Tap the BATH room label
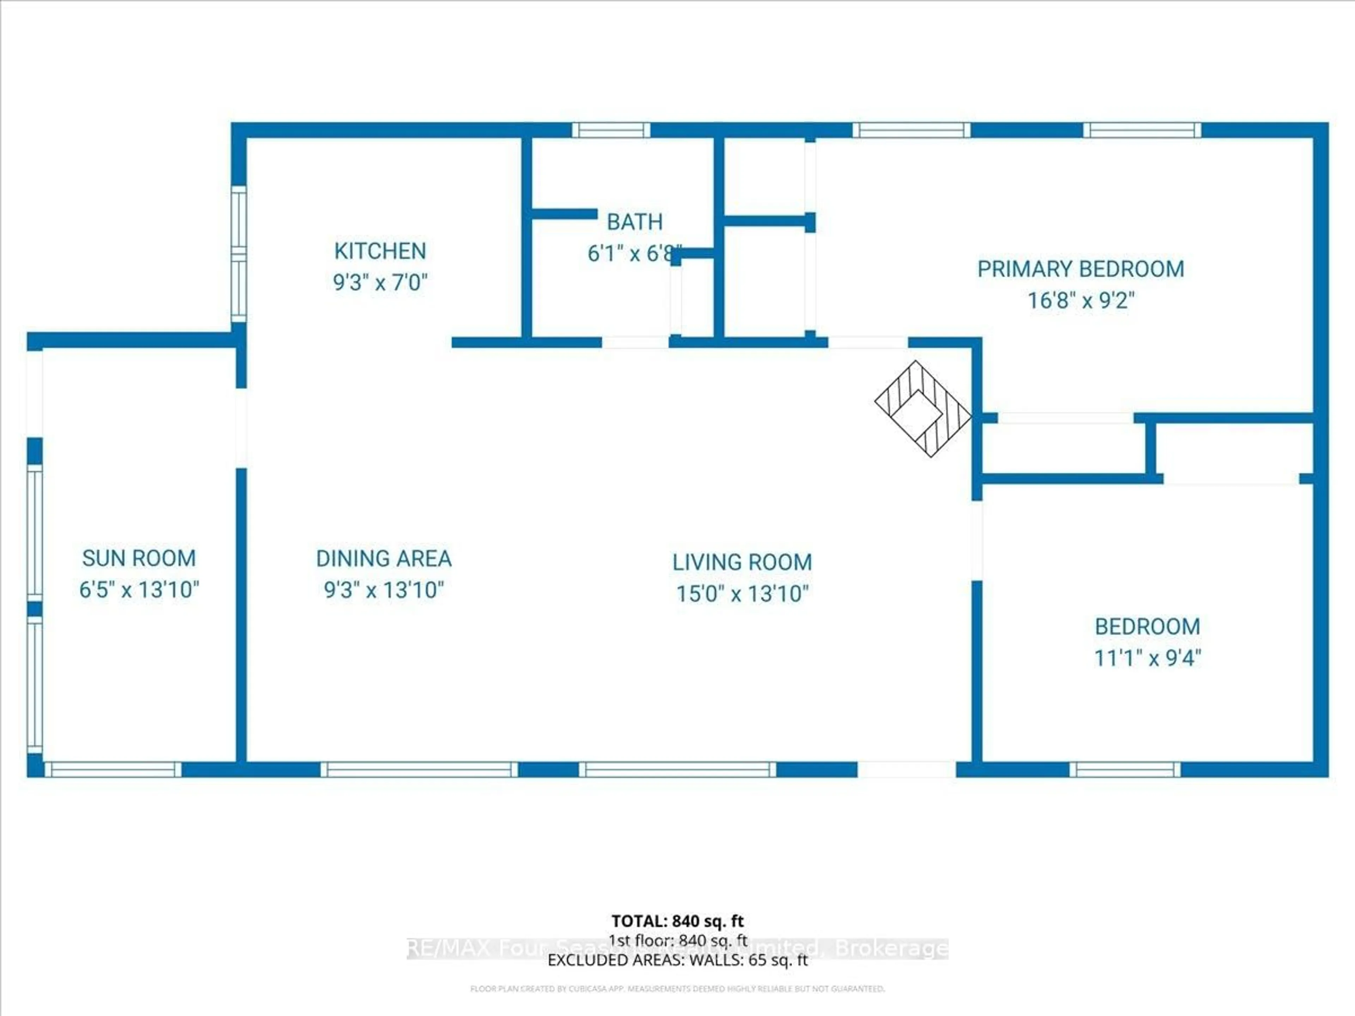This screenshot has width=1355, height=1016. tap(634, 222)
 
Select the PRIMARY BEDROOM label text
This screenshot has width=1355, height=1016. tap(1080, 269)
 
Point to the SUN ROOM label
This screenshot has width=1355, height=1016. tap(139, 558)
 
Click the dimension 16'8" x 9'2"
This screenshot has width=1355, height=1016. tap(1080, 301)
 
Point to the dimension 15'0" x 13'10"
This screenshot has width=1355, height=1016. tap(742, 593)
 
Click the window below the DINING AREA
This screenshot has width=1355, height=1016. tap(419, 770)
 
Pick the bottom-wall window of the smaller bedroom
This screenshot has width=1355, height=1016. tap(1125, 770)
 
